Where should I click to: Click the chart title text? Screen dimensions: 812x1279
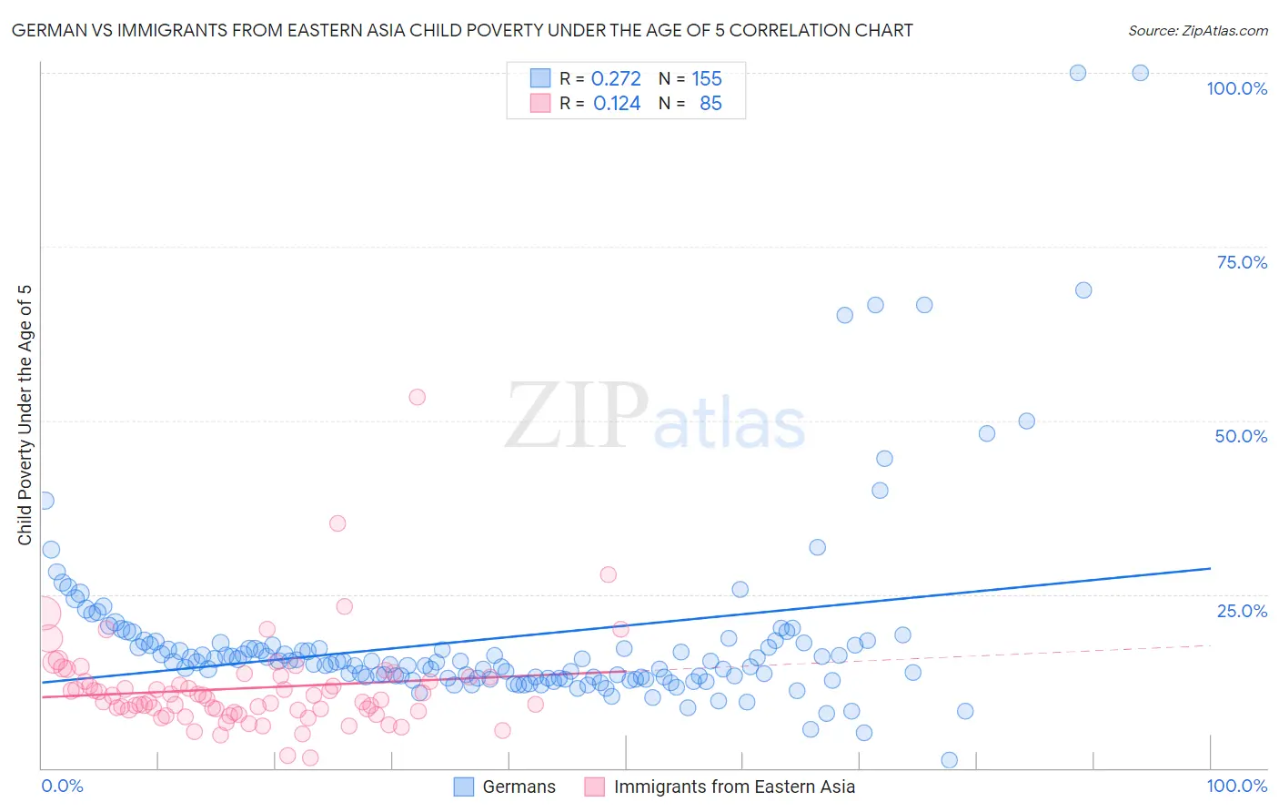[x=462, y=30]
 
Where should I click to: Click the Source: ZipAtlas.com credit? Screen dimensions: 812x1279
[x=1197, y=30]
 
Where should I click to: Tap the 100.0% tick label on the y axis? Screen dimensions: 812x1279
[x=1236, y=88]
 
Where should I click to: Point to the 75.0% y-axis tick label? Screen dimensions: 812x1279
[x=1242, y=262]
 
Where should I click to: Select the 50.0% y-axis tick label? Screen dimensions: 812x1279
[x=1241, y=436]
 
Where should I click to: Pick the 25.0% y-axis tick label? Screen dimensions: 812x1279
[x=1242, y=611]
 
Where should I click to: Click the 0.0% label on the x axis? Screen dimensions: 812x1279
[x=62, y=786]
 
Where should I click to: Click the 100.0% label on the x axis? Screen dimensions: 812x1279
[x=1236, y=786]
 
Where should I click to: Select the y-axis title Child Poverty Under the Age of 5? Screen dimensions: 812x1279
[x=25, y=415]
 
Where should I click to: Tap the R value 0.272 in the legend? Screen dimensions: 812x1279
[x=616, y=79]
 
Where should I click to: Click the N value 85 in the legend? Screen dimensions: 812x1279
[x=710, y=104]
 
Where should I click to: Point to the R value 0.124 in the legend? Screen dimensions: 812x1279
[x=617, y=104]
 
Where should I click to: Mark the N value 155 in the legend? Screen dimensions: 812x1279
[x=707, y=79]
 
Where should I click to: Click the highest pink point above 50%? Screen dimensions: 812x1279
[x=418, y=397]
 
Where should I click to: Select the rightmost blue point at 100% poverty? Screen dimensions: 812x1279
[x=1140, y=73]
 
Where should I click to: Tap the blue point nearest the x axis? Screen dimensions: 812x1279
[x=949, y=760]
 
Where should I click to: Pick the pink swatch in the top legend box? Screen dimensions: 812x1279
[x=540, y=103]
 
